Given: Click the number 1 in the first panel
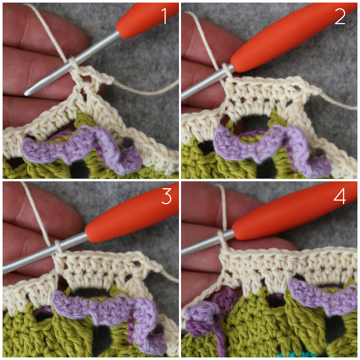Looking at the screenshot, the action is tap(165, 15).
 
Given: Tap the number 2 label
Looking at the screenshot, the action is tap(339, 16).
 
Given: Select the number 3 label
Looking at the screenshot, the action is tap(167, 196).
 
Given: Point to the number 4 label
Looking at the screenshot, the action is tap(339, 196).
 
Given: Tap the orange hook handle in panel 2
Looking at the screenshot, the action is tap(292, 37).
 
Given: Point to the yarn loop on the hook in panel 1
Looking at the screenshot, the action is tap(73, 63).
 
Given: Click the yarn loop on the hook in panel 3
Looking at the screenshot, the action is tap(58, 247).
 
